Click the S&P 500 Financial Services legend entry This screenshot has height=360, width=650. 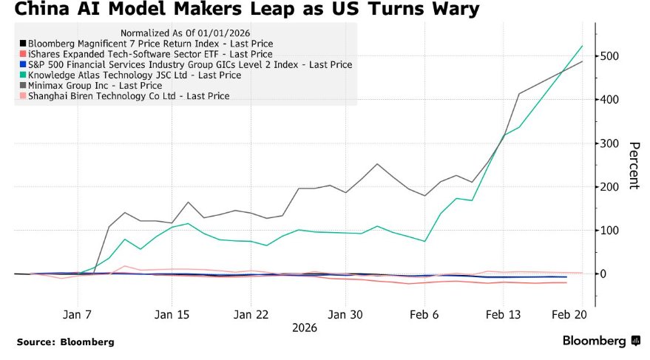pos(189,64)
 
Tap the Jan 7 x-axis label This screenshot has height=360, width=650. pos(78,314)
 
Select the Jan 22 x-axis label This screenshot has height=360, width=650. pos(251,314)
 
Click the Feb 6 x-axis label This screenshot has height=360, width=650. pos(424,314)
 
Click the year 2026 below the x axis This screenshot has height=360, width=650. pos(305,327)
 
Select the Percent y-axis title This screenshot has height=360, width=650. pos(633,165)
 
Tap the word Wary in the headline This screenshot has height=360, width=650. pos(450,10)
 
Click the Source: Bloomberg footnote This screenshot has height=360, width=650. pos(66,342)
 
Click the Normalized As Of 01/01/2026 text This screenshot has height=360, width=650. pos(186,33)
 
